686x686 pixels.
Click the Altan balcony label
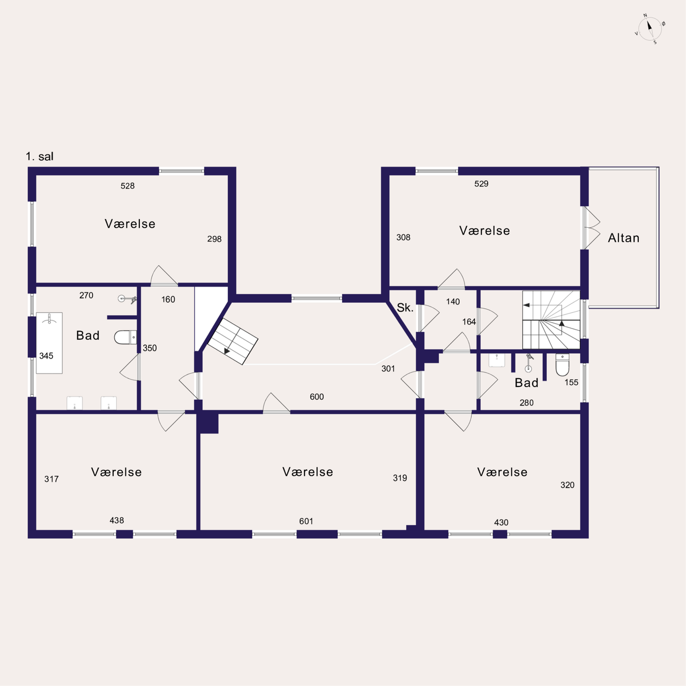point(623,238)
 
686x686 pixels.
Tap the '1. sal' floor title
point(40,156)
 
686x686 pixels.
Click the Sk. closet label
point(405,308)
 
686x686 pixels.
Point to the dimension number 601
point(306,521)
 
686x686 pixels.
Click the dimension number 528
point(128,186)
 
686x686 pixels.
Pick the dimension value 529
point(481,184)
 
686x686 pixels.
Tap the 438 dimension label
point(117,520)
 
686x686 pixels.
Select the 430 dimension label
point(501,523)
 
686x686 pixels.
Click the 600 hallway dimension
point(317,397)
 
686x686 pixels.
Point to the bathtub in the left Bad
point(49,343)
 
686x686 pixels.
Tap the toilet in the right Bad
point(563,364)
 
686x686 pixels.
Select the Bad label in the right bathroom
point(526,383)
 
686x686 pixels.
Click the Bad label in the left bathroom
point(88,335)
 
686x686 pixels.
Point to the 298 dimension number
point(214,239)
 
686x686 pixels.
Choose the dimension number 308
point(404,237)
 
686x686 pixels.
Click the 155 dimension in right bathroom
point(571,382)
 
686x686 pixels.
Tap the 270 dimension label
point(86,295)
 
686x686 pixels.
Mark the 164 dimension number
point(469,322)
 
